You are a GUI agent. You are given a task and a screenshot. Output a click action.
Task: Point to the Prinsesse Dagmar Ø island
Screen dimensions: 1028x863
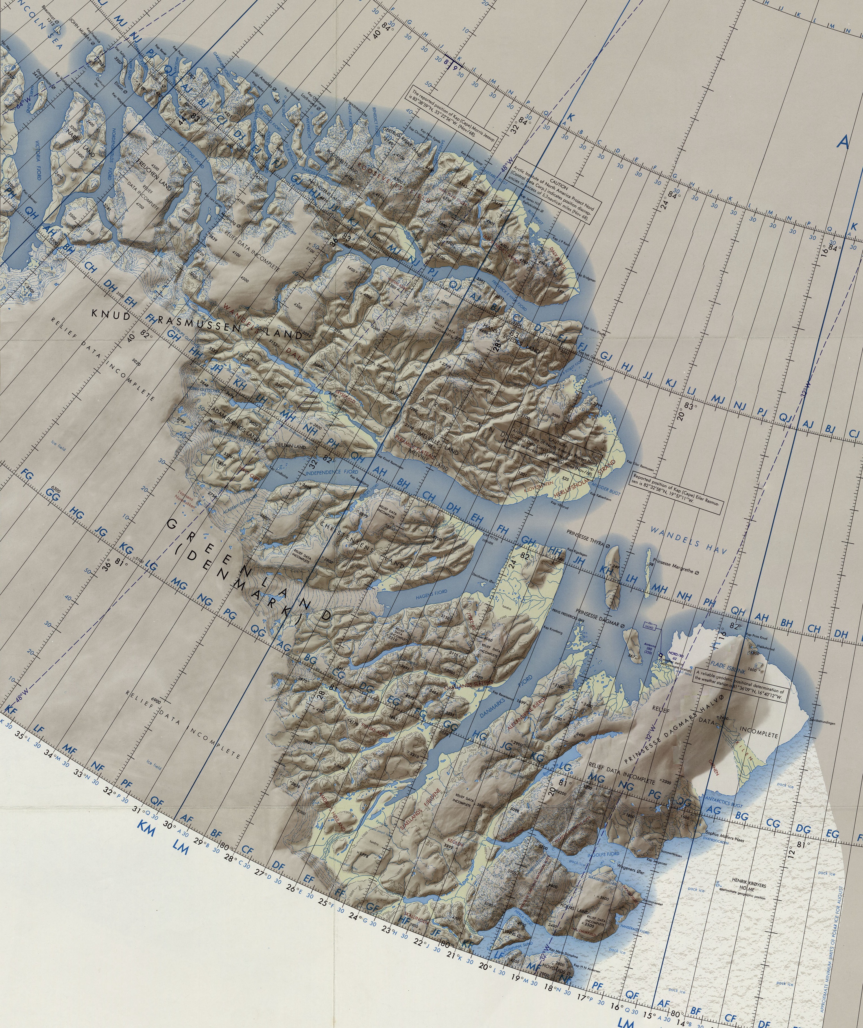pyautogui.click(x=633, y=643)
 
